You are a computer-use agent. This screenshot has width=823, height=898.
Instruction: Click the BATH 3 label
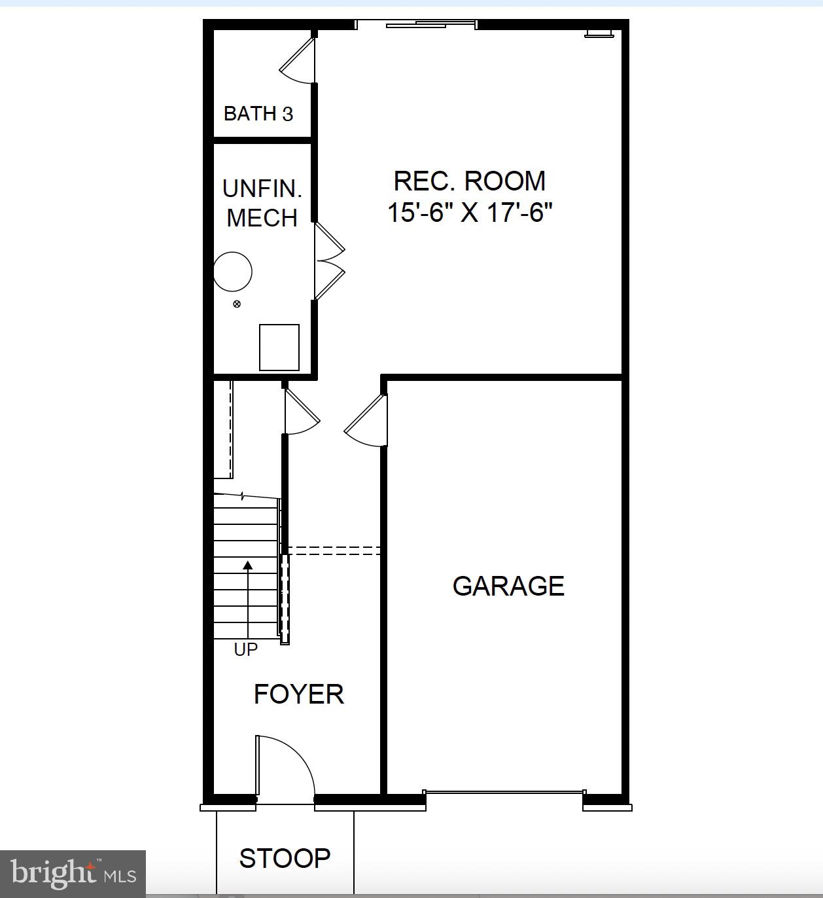coord(258,114)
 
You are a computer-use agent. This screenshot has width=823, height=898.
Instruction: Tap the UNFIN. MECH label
coord(262,203)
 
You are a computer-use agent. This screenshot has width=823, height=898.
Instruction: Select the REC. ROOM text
coord(469,181)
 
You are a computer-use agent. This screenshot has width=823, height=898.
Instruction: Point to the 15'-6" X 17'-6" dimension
coord(470,213)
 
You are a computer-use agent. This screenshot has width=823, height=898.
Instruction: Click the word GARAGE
coord(508,586)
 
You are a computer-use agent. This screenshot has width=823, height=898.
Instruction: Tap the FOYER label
coord(299,694)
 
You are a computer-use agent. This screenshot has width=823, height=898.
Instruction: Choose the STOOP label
coord(285,858)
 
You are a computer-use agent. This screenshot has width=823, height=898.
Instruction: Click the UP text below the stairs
coord(246,649)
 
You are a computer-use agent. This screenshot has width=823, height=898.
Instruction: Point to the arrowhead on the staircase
coord(248,566)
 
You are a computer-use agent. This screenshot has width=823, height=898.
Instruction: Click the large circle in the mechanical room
coord(233,272)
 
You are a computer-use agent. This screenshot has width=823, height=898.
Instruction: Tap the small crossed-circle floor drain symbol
coord(237,304)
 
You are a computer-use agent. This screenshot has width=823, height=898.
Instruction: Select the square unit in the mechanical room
coord(279,347)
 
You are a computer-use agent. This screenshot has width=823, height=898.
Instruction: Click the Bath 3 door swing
coord(298,62)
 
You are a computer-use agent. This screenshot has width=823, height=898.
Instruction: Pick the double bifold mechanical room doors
coord(328,262)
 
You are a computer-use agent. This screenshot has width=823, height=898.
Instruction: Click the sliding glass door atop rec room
coord(416,25)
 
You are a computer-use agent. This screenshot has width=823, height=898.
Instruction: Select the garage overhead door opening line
coord(504,793)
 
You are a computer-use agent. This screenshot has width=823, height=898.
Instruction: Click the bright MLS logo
coord(73,874)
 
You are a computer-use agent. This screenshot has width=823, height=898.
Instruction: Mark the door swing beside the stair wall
coord(301,412)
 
